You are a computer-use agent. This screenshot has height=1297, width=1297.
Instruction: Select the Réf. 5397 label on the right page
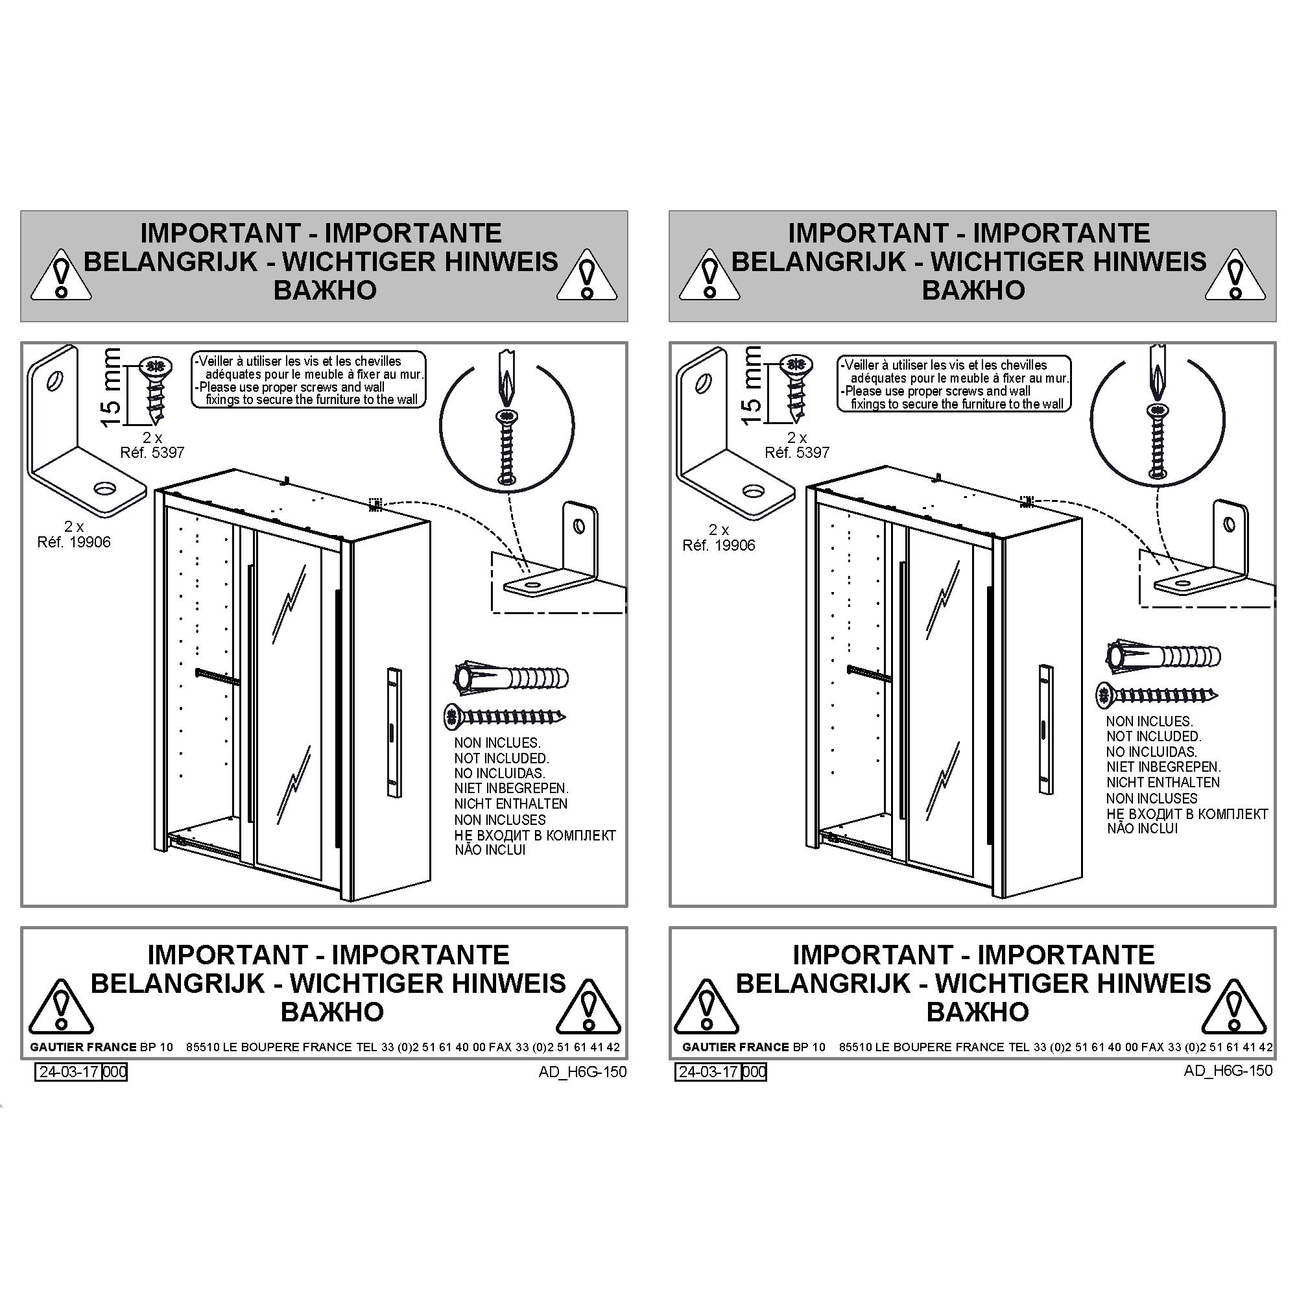(x=797, y=453)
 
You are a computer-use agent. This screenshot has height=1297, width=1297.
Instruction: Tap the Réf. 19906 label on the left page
(x=74, y=541)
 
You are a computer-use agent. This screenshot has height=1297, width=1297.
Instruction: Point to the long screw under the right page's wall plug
(x=1157, y=695)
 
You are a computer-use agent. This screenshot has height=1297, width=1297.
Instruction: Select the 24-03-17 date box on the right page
(x=708, y=1072)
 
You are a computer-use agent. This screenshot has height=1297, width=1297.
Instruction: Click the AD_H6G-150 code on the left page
(x=583, y=1072)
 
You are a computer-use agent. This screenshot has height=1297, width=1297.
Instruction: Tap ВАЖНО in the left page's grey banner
(x=325, y=290)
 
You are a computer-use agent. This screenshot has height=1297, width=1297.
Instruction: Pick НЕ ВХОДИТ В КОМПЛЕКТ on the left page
(x=535, y=836)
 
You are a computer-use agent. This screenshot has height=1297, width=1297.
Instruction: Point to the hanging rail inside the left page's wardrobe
(x=217, y=676)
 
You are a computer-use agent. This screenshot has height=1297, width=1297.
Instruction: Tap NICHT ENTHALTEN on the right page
(x=1163, y=783)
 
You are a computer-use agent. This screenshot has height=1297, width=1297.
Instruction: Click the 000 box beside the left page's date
(x=115, y=1072)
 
